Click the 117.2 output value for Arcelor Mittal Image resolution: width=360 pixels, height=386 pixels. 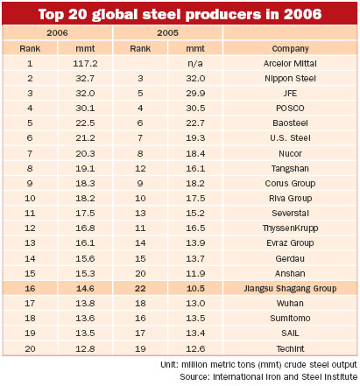pos(85,63)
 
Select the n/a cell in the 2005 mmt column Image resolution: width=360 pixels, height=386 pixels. pos(195,64)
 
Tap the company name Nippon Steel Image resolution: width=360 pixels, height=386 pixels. pos(290,79)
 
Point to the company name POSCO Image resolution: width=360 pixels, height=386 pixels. pos(290,109)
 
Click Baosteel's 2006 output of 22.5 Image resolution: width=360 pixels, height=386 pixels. pos(85,123)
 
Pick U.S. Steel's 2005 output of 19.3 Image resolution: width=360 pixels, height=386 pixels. pos(195,138)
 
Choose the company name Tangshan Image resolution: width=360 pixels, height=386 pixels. pos(290,169)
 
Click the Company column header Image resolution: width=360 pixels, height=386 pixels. pos(290,49)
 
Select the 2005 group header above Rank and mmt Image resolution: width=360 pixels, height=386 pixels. pos(167,32)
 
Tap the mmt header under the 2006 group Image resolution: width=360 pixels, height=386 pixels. pos(85,48)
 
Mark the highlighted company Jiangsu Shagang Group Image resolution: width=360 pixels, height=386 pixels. pos(290,289)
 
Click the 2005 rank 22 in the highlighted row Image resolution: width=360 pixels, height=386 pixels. pos(140,289)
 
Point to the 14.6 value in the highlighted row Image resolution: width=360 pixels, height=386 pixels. pos(85,289)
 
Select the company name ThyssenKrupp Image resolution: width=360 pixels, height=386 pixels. pos(290,228)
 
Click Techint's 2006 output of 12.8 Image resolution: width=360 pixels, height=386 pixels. pos(85,348)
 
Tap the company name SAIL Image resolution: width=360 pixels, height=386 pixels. pos(290,333)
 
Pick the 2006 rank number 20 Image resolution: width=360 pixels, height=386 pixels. pos(30,348)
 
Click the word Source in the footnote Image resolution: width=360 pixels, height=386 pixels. pos(194,376)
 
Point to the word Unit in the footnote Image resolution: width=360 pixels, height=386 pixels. pos(169,364)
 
